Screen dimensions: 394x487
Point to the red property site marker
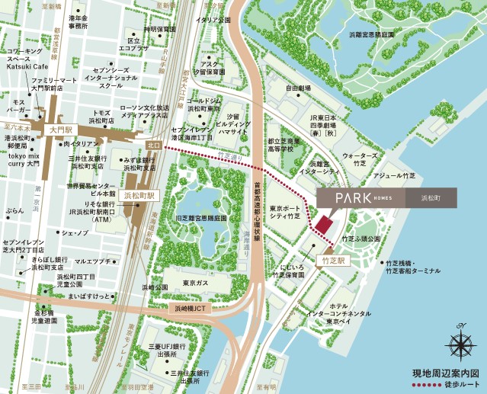tap(324, 225)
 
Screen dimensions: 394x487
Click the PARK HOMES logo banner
tap(386, 198)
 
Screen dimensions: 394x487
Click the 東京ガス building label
tap(197, 283)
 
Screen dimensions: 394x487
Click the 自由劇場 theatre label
tap(298, 88)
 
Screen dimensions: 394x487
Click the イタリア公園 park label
tap(213, 21)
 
